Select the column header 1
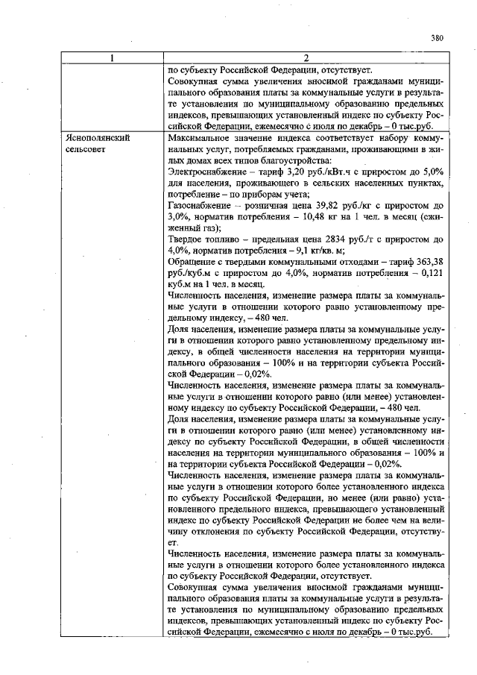point(111,58)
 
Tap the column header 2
point(306,58)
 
